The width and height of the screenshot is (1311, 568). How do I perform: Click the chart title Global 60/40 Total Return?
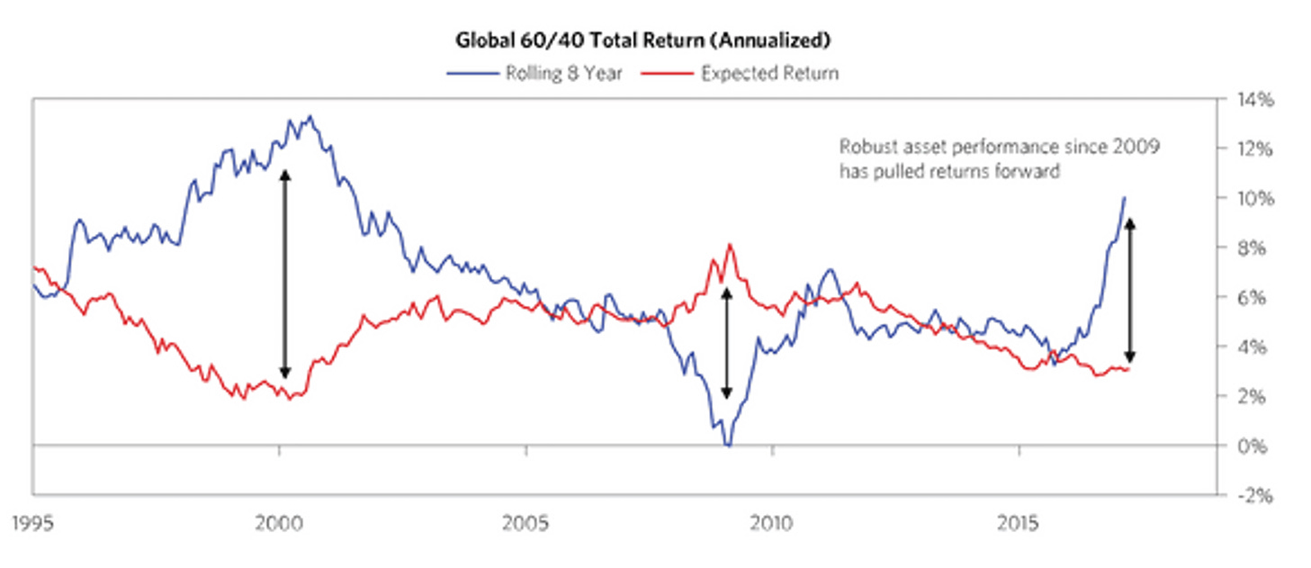[643, 41]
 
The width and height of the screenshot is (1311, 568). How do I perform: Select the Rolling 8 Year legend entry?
[534, 73]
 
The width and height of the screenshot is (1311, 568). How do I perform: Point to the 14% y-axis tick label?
[1250, 100]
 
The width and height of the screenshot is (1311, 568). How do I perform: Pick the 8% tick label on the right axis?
[1247, 248]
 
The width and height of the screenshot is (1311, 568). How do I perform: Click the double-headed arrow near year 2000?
[284, 274]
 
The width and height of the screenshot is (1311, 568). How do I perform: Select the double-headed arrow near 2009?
[727, 343]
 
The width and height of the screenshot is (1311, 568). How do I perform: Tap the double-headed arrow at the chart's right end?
[1131, 289]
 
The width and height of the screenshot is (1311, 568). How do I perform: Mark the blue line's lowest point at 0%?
[728, 445]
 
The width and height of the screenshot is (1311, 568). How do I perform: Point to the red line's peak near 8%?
[730, 244]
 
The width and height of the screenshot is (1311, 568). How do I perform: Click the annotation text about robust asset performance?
[999, 158]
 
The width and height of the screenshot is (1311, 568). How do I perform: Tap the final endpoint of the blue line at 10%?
[1125, 198]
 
